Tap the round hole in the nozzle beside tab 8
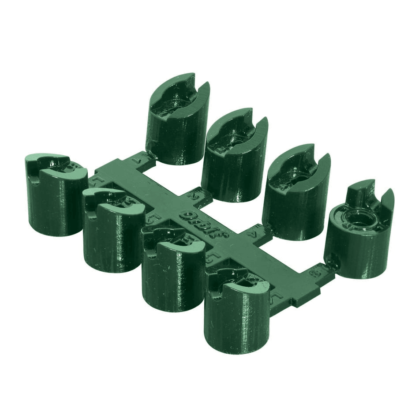[360, 218]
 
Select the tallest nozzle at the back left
[176, 128]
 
